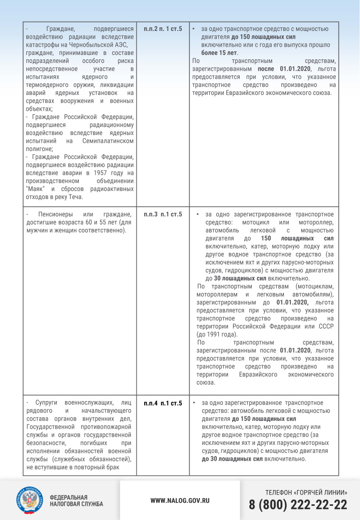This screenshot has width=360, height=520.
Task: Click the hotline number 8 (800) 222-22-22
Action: (x=298, y=505)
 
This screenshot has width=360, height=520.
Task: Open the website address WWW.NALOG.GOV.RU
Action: (x=180, y=500)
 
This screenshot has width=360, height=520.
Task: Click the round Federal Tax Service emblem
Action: (x=30, y=500)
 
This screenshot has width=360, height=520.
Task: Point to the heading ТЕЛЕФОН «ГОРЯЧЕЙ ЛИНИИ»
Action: (x=306, y=493)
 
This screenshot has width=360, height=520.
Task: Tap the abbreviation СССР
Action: (x=325, y=326)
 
